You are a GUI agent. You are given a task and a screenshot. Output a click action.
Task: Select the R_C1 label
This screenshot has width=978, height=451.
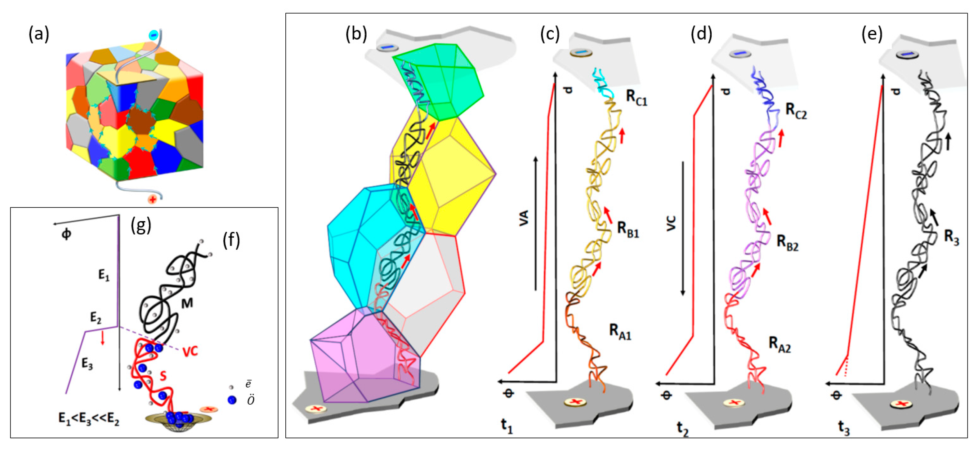[636, 99]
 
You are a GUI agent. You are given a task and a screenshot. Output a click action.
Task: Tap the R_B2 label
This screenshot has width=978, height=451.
[787, 242]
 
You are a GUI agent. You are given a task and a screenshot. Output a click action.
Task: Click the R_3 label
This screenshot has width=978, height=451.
[951, 238]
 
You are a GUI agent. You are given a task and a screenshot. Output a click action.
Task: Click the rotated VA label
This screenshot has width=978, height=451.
[524, 219]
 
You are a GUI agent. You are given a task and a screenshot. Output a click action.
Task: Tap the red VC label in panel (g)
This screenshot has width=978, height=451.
[190, 352]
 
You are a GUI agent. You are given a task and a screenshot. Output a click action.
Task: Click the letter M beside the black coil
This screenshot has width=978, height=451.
[187, 303]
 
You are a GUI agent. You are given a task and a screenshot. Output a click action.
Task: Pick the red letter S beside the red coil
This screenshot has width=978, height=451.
[163, 375]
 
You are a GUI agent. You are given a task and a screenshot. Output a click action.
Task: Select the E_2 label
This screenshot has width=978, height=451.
[96, 317]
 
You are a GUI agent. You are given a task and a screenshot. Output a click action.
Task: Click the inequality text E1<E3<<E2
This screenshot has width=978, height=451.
[89, 419]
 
